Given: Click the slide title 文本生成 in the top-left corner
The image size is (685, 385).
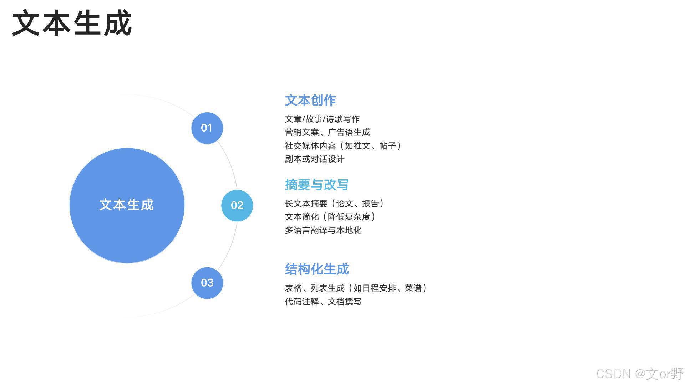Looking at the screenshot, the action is coord(72,24).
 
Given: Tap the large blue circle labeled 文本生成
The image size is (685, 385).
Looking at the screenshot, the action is coord(127,205).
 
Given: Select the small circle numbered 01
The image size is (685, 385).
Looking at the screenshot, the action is coord(207,128).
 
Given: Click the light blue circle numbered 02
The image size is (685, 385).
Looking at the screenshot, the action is coord(237,205).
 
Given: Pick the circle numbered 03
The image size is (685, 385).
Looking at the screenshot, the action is coord(207,283).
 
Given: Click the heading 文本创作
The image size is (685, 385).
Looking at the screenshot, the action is coord(310,100).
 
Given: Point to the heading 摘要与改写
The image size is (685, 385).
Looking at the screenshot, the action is coord(317,185).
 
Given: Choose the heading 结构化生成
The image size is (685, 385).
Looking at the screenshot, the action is coord(317,269).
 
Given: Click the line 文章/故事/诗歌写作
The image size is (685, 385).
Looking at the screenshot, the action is coord(322,119).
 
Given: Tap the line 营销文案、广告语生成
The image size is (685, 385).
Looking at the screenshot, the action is coord(328,132).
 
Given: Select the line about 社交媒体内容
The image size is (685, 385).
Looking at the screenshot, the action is coord(343,146).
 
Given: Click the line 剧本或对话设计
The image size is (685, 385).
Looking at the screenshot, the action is coord(315,159).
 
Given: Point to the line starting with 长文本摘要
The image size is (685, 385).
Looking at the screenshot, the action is coord(334,204).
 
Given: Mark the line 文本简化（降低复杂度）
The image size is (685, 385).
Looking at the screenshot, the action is coord(330,217).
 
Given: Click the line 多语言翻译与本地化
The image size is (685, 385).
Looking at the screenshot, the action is coord(323,230).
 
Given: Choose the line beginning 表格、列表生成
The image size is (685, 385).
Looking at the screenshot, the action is coord(356,288).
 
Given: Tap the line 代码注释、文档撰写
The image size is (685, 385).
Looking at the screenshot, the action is coord(323,302).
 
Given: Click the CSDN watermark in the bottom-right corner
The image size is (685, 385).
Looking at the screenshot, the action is coord(639,374).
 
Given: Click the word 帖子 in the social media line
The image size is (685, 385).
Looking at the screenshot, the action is coord(387,146).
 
